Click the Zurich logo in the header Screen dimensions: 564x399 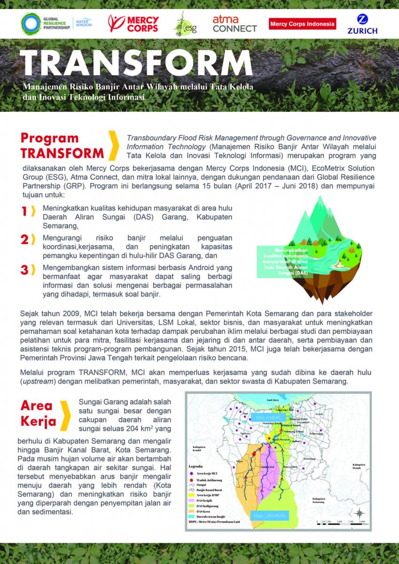[x=362, y=24]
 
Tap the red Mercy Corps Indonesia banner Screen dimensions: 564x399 [x=302, y=23]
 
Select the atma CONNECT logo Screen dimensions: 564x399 [x=235, y=23]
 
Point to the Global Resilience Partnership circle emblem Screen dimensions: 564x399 [x=31, y=23]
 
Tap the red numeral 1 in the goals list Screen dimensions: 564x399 [x=24, y=212]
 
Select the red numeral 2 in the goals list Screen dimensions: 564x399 [x=24, y=240]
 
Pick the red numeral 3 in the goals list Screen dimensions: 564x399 [x=24, y=270]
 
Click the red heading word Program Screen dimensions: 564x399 [x=49, y=138]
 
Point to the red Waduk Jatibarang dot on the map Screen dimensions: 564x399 [x=254, y=454]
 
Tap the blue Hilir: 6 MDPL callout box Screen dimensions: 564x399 [x=266, y=417]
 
